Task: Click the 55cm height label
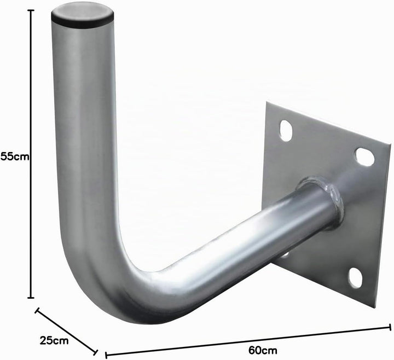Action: [x=15, y=156]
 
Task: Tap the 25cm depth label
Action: [x=54, y=341]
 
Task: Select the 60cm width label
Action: [x=263, y=350]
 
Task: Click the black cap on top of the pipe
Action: [x=83, y=16]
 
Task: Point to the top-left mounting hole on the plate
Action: [x=285, y=131]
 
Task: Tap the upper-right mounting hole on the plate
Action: [x=365, y=157]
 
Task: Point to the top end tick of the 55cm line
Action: [x=31, y=10]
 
